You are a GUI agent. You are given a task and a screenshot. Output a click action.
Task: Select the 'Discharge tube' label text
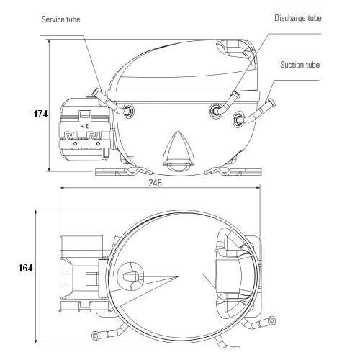(x=297, y=18)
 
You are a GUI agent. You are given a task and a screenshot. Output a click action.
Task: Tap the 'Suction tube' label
(x=300, y=65)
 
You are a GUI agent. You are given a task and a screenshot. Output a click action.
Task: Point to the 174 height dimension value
(x=40, y=114)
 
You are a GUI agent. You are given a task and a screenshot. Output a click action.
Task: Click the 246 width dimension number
(x=155, y=184)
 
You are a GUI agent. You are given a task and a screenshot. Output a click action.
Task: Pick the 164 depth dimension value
(x=24, y=268)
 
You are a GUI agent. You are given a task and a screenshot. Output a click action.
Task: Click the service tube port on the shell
(x=130, y=110)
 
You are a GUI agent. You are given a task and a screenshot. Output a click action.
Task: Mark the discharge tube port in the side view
(x=215, y=110)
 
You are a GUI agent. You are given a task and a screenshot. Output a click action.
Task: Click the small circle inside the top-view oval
(x=130, y=276)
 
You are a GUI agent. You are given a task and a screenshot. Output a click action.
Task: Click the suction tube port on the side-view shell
(x=238, y=118)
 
